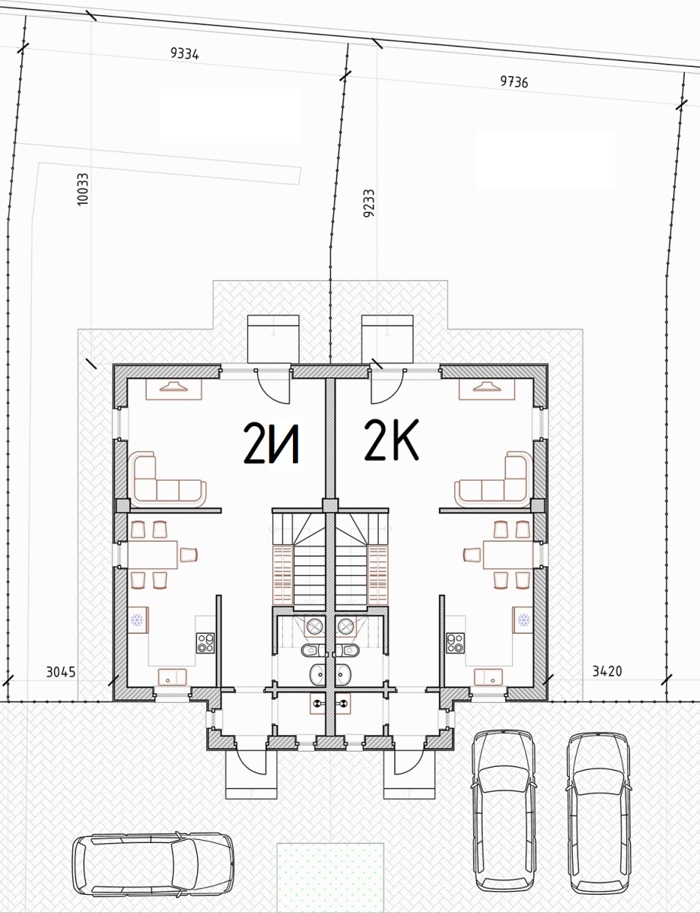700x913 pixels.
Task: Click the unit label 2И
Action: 272,444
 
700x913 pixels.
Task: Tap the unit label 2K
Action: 391,440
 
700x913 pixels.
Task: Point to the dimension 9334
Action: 184,53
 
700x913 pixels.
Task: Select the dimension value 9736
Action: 514,81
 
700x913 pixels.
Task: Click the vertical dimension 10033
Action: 83,189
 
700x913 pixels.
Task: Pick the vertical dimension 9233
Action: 368,203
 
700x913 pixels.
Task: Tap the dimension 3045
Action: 61,672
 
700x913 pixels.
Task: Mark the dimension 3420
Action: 606,671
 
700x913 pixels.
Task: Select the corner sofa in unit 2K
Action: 494,479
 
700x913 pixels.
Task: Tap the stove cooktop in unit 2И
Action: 205,643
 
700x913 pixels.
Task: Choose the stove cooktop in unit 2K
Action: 456,643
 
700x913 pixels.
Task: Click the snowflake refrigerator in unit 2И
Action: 138,619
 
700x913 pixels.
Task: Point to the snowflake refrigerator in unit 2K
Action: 523,619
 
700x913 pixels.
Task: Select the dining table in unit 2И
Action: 152,555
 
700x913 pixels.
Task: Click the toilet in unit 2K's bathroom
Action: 348,650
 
